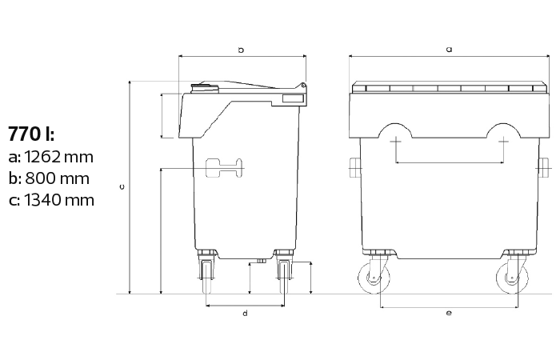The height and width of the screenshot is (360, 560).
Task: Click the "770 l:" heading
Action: (31, 134)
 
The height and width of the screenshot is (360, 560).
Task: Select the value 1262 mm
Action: (59, 157)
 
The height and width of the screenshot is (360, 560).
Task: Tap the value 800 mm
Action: (57, 178)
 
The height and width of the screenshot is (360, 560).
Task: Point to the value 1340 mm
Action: (59, 200)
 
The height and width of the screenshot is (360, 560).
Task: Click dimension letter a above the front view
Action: (450, 50)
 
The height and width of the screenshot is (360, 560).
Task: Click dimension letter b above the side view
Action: (241, 50)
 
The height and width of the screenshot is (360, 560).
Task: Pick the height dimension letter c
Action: (122, 186)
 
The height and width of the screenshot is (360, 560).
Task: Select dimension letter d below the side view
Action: (245, 314)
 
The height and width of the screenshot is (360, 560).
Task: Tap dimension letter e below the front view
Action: (449, 313)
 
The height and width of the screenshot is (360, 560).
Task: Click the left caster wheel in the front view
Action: (374, 278)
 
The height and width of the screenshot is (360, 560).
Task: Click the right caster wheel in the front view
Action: (512, 278)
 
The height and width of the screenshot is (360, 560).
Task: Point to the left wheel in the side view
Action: (207, 277)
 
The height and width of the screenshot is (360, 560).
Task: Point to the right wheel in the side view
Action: (284, 277)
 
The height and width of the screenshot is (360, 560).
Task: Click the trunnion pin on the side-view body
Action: (224, 167)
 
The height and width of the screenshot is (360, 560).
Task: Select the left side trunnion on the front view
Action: (354, 167)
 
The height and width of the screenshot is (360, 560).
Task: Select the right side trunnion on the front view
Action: (542, 167)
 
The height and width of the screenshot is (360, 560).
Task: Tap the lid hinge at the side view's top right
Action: (303, 86)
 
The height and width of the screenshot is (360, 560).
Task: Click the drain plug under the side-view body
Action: (261, 262)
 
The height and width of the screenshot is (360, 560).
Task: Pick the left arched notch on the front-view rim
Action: (395, 130)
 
